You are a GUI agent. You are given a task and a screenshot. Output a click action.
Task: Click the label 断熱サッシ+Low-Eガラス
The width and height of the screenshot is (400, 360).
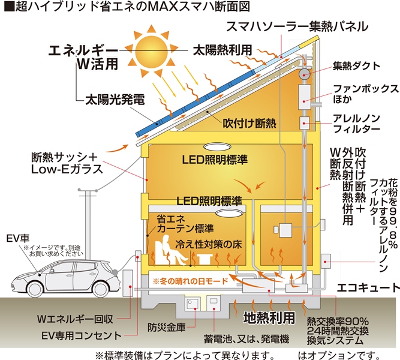click(x=63, y=164)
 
